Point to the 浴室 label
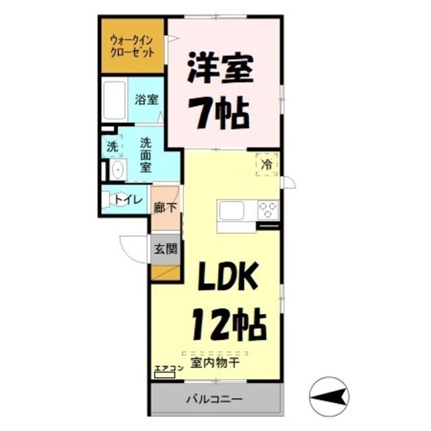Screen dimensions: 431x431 click(x=146, y=100)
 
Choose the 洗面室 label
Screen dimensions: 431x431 click(x=145, y=156)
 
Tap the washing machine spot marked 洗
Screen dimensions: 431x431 click(x=112, y=146)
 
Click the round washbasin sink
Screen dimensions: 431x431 click(x=116, y=170)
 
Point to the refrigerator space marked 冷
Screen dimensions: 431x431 click(x=266, y=164)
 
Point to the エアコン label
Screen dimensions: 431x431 click(x=169, y=368)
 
